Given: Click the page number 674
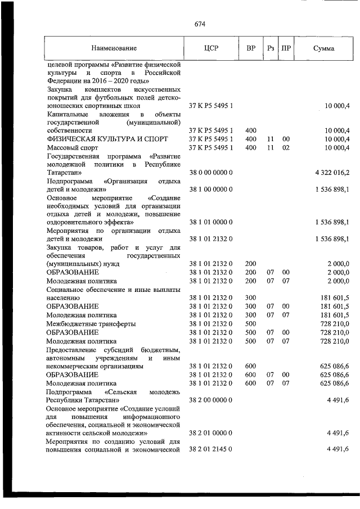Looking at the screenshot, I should pos(200,24).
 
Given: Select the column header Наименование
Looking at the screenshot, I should pos(114,48).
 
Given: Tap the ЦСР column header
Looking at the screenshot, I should pos(211,48).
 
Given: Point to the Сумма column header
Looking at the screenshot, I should pos(323,48).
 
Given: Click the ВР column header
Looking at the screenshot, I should pos(251,48).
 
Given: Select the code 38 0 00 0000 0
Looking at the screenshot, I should pos(211,172).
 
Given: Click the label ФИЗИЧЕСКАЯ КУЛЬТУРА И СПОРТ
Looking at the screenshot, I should pos(96,139).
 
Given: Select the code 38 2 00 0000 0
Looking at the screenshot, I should pos(211,399).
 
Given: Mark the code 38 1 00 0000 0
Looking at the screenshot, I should pos(211,190).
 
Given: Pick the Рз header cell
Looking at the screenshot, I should pos(271,48).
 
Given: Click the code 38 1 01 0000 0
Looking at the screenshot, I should pos(211,222).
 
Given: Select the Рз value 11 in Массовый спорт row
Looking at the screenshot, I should pos(271,147).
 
